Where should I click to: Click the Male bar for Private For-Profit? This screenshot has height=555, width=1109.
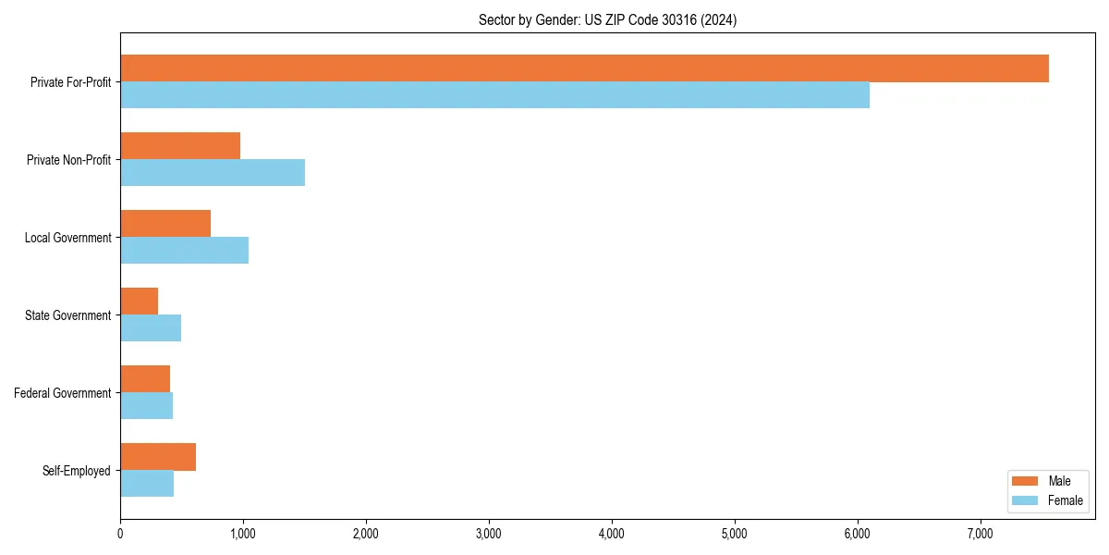584,68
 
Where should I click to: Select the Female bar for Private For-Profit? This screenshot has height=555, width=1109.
494,95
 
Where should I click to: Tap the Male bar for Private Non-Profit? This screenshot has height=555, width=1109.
180,146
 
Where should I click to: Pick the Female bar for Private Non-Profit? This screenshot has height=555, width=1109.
213,173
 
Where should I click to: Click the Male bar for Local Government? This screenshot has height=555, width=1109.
165,224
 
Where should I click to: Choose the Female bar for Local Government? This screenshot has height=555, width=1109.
184,251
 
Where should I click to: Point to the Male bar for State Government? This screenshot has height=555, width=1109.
139,302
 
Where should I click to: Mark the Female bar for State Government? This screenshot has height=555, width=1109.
151,328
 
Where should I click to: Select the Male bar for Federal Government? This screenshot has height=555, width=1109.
145,379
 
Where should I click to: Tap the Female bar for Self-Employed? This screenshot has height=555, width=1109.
147,484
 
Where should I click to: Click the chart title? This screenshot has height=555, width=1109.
607,19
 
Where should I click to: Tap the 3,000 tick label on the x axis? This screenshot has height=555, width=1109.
488,533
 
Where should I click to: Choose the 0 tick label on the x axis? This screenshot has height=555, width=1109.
120,533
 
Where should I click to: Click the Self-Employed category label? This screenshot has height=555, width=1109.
77,471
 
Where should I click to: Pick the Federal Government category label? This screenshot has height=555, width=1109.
63,393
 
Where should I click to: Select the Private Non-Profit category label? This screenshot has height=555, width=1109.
68,160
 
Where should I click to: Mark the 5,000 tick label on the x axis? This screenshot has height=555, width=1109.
734,533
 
